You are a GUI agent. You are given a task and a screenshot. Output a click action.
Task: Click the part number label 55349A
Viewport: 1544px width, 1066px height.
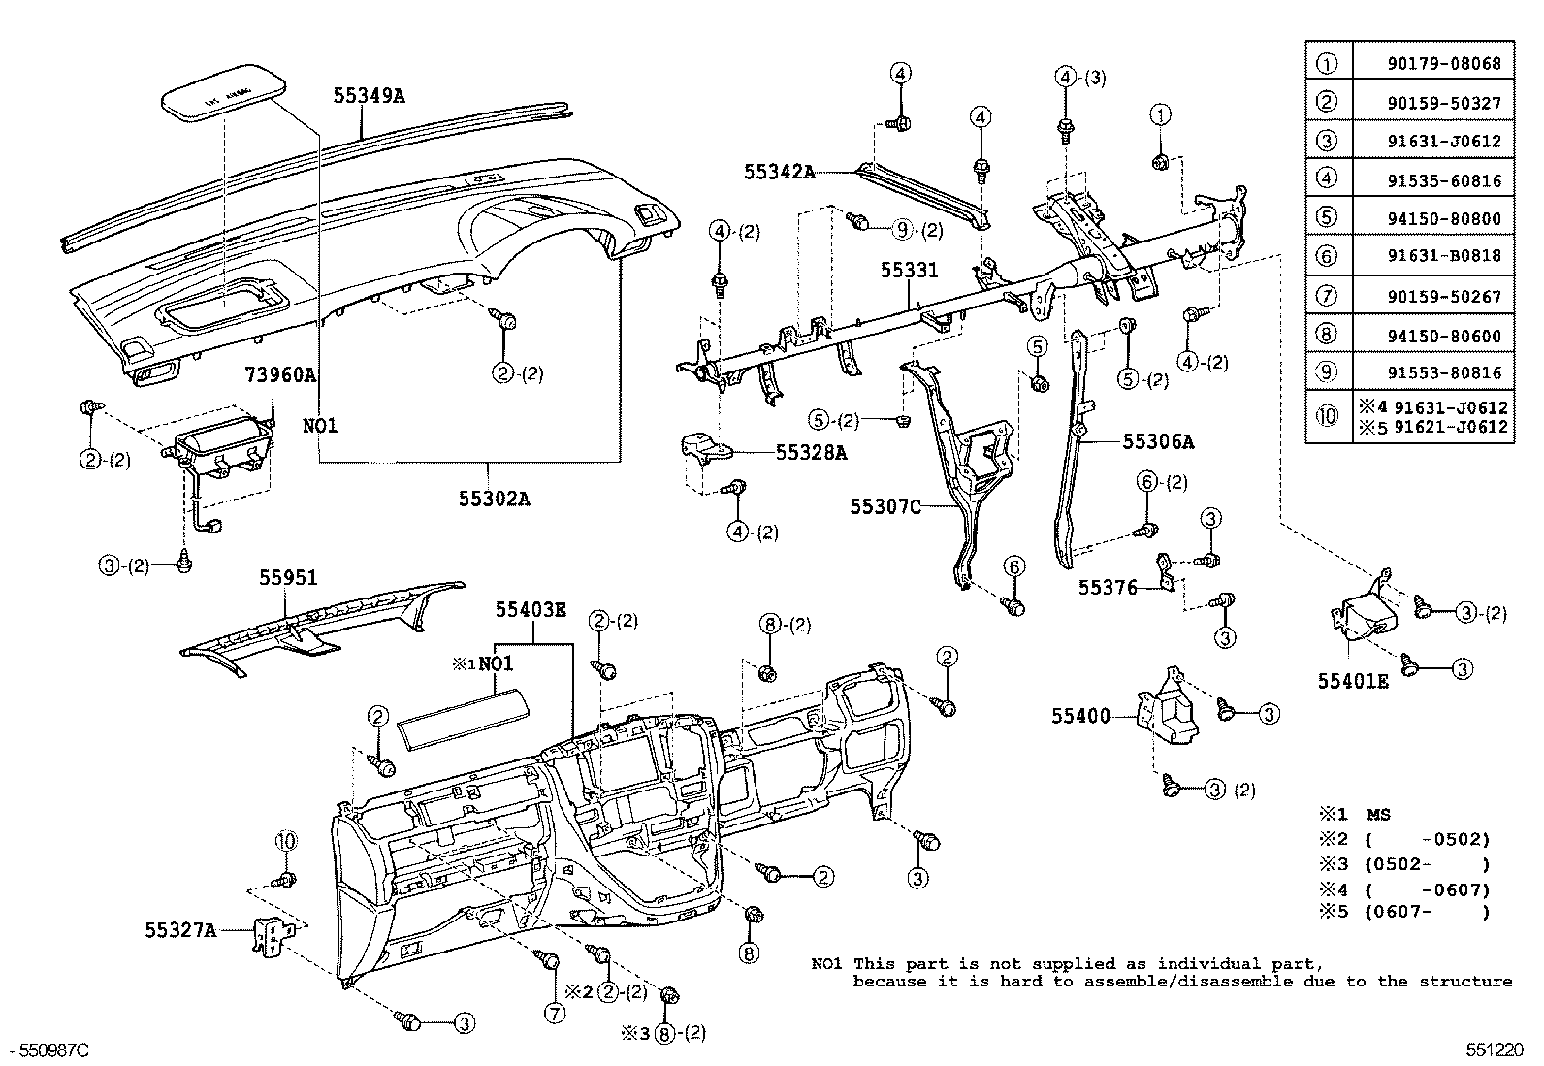coord(369,95)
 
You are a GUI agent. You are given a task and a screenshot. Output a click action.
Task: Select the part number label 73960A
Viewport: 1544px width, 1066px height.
coord(281,374)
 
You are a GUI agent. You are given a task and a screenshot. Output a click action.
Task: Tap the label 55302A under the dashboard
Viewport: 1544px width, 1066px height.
coord(495,500)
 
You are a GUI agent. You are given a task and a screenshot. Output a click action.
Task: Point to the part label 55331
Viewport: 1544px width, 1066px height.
coord(910,271)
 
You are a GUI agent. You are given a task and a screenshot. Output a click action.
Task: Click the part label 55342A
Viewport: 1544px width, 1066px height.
coord(779,173)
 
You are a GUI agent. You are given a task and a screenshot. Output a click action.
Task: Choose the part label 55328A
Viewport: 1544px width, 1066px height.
coord(811,452)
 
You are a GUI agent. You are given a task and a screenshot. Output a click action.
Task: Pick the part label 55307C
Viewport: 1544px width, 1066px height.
coord(885,506)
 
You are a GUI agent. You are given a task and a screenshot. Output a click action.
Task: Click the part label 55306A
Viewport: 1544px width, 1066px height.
coord(1158,442)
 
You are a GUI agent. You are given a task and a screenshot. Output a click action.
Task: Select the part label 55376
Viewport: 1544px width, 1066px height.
coord(1108,588)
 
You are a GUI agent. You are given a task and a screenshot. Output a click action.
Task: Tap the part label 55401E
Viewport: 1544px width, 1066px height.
coord(1352,682)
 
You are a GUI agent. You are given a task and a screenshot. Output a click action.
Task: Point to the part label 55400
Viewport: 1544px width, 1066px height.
coord(1080,717)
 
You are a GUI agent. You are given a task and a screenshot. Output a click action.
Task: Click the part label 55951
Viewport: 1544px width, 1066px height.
coord(288,577)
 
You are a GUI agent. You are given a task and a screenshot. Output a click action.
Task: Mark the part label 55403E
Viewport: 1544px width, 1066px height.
coord(531,610)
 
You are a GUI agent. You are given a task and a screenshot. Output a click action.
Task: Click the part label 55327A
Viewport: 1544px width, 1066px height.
coord(180,930)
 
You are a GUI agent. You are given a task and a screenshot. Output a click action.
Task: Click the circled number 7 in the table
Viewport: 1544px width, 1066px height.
coord(1327,296)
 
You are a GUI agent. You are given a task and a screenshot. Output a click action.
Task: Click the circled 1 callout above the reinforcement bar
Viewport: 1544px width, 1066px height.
coord(1160,115)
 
